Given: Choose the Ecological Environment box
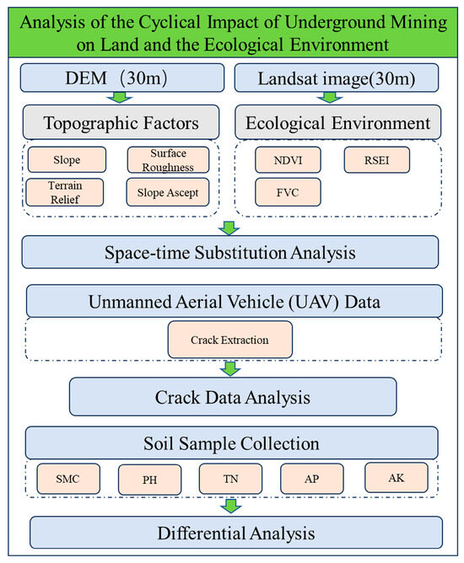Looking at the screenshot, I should (x=337, y=124).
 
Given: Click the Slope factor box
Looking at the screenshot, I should (x=66, y=159).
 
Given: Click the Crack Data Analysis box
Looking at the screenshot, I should (x=232, y=395).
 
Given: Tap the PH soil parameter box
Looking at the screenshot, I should (x=148, y=480).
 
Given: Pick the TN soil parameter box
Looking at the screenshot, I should (x=230, y=479).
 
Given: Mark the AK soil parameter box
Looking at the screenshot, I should (x=397, y=477).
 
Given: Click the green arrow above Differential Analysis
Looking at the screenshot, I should (x=230, y=505).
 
